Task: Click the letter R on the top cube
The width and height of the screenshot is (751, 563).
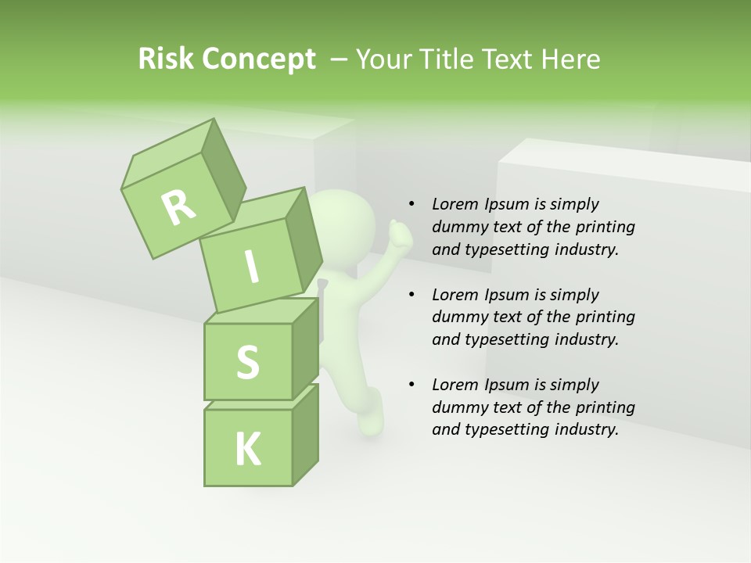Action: (x=178, y=207)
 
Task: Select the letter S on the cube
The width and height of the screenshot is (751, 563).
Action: (x=247, y=362)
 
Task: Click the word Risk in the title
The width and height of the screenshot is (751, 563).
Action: (x=167, y=59)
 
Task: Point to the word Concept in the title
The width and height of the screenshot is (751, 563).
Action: (x=258, y=59)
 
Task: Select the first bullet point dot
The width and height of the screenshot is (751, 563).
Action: (x=411, y=204)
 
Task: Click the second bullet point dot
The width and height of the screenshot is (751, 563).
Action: (x=411, y=295)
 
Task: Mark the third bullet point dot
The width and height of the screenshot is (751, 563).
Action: (x=411, y=385)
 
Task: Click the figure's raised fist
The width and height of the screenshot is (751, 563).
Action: (x=400, y=231)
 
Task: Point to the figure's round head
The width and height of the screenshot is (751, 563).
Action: (x=337, y=218)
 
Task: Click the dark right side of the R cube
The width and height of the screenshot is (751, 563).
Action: (x=223, y=172)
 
